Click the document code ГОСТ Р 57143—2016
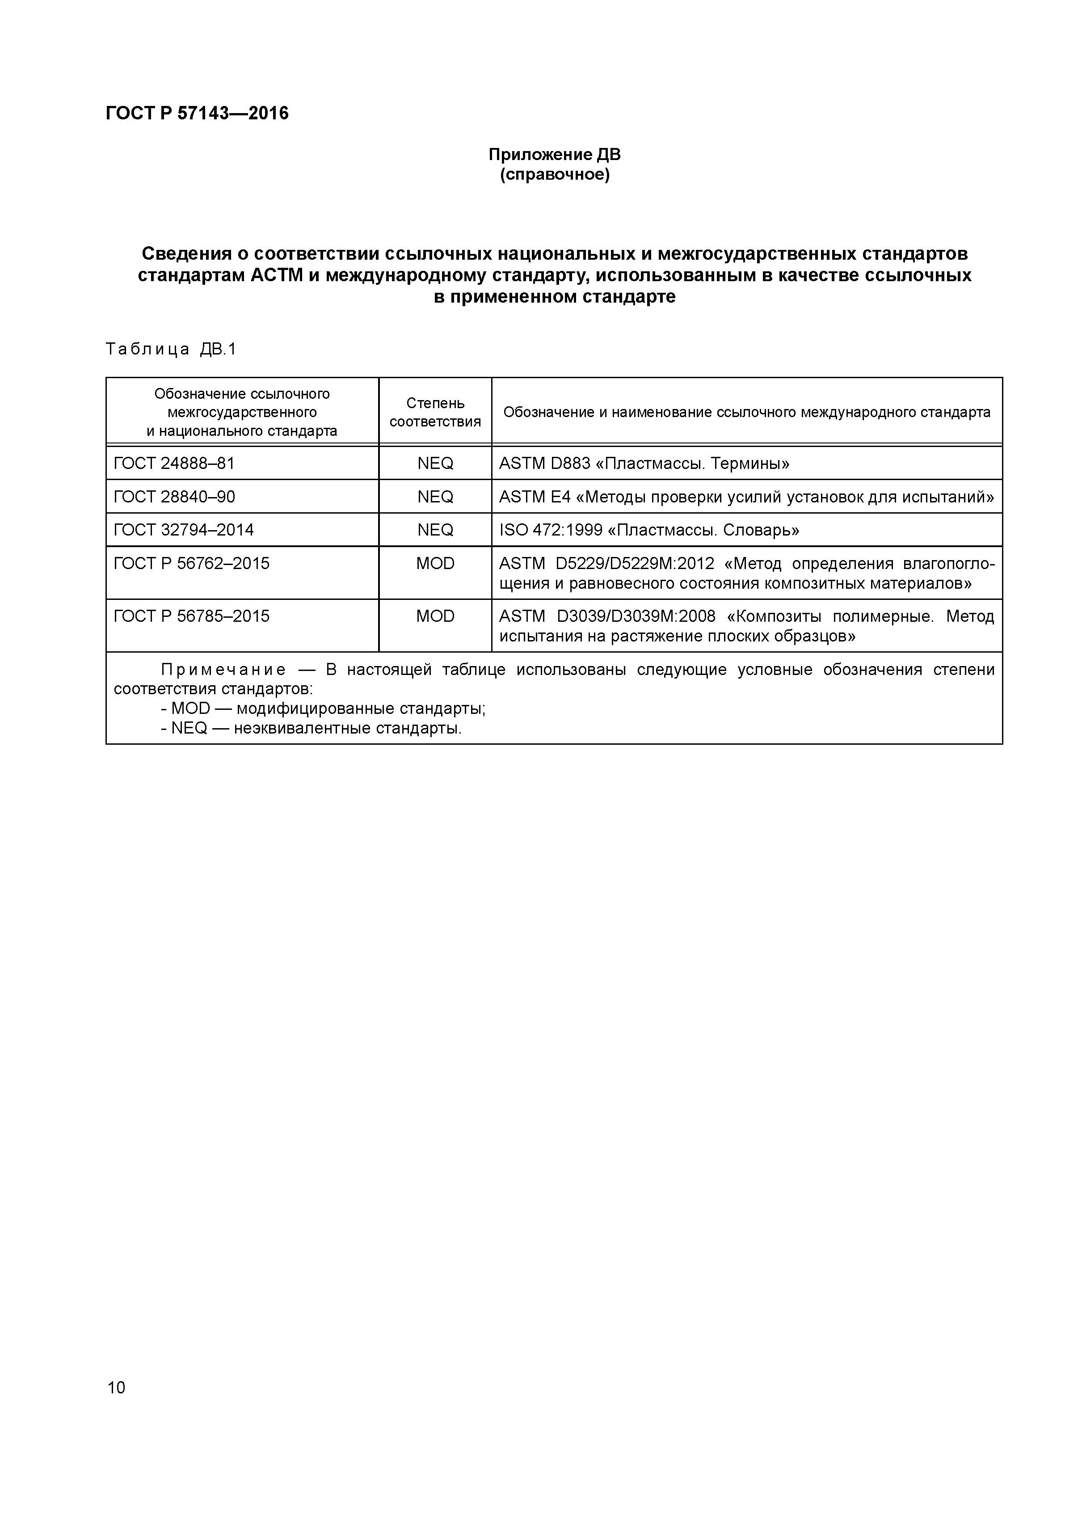[x=198, y=114]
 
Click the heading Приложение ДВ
[x=554, y=155]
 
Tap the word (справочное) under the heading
[x=554, y=175]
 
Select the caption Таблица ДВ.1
[x=171, y=350]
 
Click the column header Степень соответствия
[x=435, y=412]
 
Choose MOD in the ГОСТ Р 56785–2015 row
[x=435, y=616]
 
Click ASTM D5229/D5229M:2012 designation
[x=606, y=564]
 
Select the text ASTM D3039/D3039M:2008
[x=606, y=616]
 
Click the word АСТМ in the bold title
[x=277, y=275]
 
